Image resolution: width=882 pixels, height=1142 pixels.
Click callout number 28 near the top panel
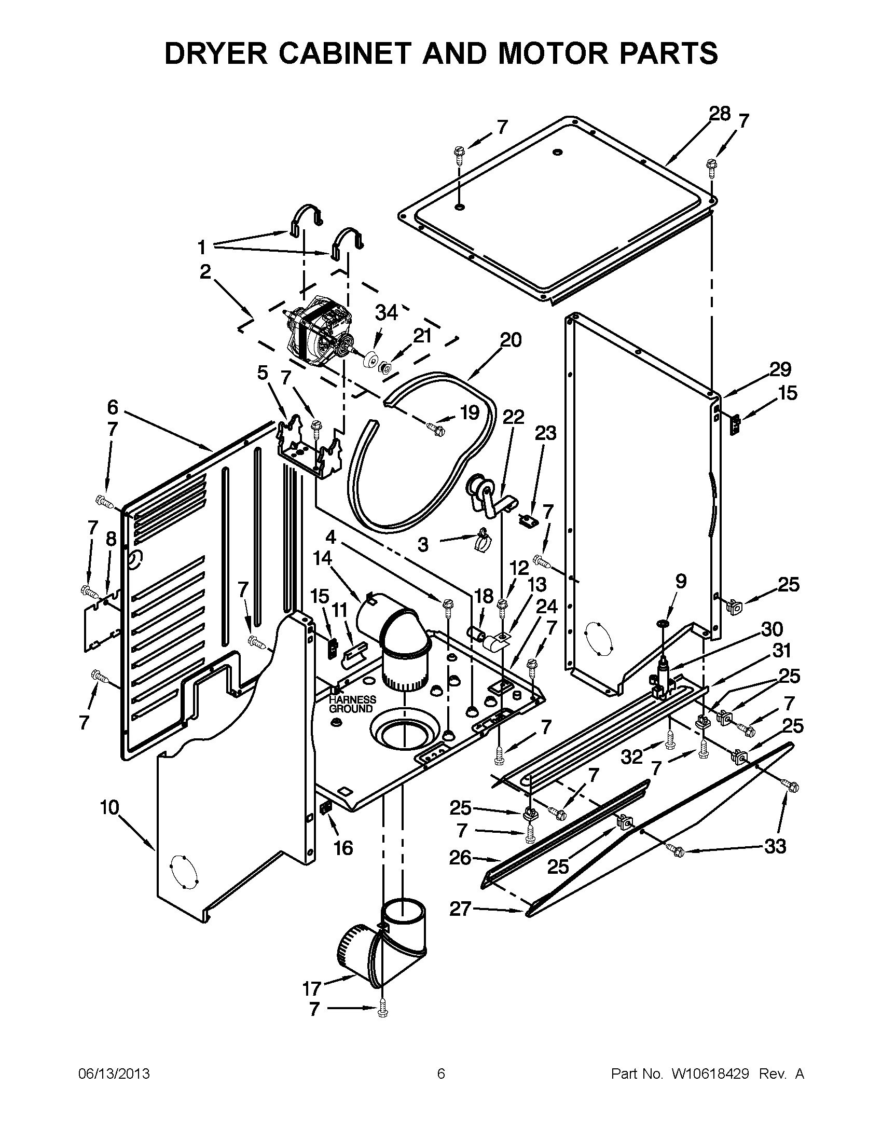pyautogui.click(x=719, y=114)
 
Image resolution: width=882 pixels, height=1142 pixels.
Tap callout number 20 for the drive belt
pyautogui.click(x=511, y=340)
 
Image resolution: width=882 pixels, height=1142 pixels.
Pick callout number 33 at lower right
pyautogui.click(x=775, y=846)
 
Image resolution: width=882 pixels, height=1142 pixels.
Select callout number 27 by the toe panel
pyautogui.click(x=460, y=910)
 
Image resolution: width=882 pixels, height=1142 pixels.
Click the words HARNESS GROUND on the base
pyautogui.click(x=352, y=704)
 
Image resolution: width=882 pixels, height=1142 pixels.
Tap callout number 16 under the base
pyautogui.click(x=343, y=848)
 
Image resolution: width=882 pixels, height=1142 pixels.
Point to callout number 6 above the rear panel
pyautogui.click(x=113, y=406)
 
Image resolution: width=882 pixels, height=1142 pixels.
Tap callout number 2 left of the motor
pyautogui.click(x=205, y=271)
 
